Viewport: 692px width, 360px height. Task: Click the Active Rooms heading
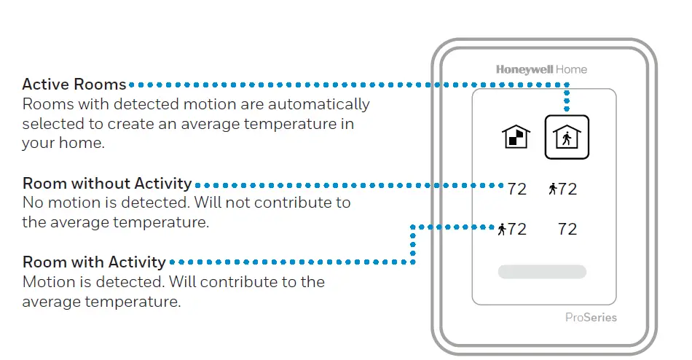coord(74,84)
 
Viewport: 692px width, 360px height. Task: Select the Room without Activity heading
coord(107,184)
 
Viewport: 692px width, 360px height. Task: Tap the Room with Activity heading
coord(95,262)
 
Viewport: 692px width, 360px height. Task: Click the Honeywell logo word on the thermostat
coord(524,70)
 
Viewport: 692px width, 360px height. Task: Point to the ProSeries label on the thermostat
coord(591,317)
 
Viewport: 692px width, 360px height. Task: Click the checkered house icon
coord(516,137)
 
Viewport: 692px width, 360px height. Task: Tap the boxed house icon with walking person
coord(567,137)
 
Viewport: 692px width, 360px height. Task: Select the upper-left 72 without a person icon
coord(516,189)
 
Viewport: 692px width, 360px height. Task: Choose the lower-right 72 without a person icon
coord(567,230)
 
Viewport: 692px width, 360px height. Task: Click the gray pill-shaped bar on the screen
coord(542,272)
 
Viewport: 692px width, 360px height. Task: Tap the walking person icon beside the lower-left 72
coord(502,230)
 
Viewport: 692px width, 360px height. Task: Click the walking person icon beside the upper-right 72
coord(553,189)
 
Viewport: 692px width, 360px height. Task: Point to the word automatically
coord(318,104)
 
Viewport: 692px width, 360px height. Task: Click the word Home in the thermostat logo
coord(572,70)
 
